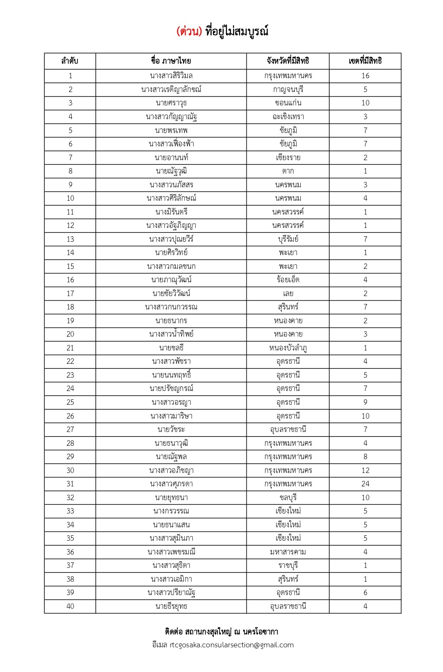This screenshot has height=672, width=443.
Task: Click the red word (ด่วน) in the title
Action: tap(189, 31)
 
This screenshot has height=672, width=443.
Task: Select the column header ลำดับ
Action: tap(70, 61)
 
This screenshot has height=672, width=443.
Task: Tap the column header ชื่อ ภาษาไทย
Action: tap(171, 61)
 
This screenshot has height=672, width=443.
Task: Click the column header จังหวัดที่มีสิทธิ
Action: tap(288, 61)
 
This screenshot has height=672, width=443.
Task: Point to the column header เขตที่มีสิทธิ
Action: tap(365, 61)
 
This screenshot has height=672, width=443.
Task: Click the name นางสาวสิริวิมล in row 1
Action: tap(171, 76)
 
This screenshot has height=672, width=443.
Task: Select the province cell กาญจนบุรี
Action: tap(288, 89)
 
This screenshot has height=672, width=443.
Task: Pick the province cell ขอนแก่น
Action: tap(288, 103)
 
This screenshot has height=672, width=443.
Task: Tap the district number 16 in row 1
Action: tap(365, 76)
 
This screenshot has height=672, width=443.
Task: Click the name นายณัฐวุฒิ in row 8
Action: tap(171, 171)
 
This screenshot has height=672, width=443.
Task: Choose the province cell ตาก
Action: tap(288, 171)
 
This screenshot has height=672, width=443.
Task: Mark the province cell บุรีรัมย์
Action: tap(288, 239)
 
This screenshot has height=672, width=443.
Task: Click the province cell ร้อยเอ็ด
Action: tap(288, 280)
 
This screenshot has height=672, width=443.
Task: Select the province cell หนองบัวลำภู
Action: tap(288, 348)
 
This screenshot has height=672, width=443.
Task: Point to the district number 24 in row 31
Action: tap(365, 484)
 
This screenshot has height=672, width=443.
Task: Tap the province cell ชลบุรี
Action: tap(288, 498)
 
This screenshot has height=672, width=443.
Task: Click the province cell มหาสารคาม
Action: tap(288, 552)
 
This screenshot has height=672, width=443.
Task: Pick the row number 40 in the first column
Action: tap(70, 606)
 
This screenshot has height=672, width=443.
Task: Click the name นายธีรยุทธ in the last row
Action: tap(171, 606)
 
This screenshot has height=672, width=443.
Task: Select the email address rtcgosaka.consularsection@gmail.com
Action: tap(231, 645)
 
